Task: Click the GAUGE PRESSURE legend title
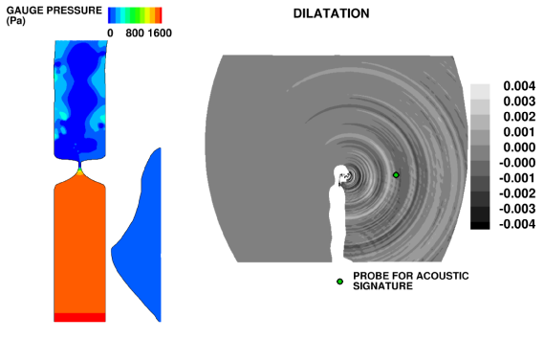(54, 11)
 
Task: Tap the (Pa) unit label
(15, 21)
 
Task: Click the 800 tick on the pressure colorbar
(135, 33)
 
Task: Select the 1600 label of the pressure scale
(160, 33)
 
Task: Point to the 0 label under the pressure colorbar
(110, 33)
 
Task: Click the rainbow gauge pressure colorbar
(135, 15)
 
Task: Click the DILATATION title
(332, 13)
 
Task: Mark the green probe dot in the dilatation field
(396, 175)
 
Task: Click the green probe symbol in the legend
(339, 282)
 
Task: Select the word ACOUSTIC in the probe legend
(442, 276)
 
